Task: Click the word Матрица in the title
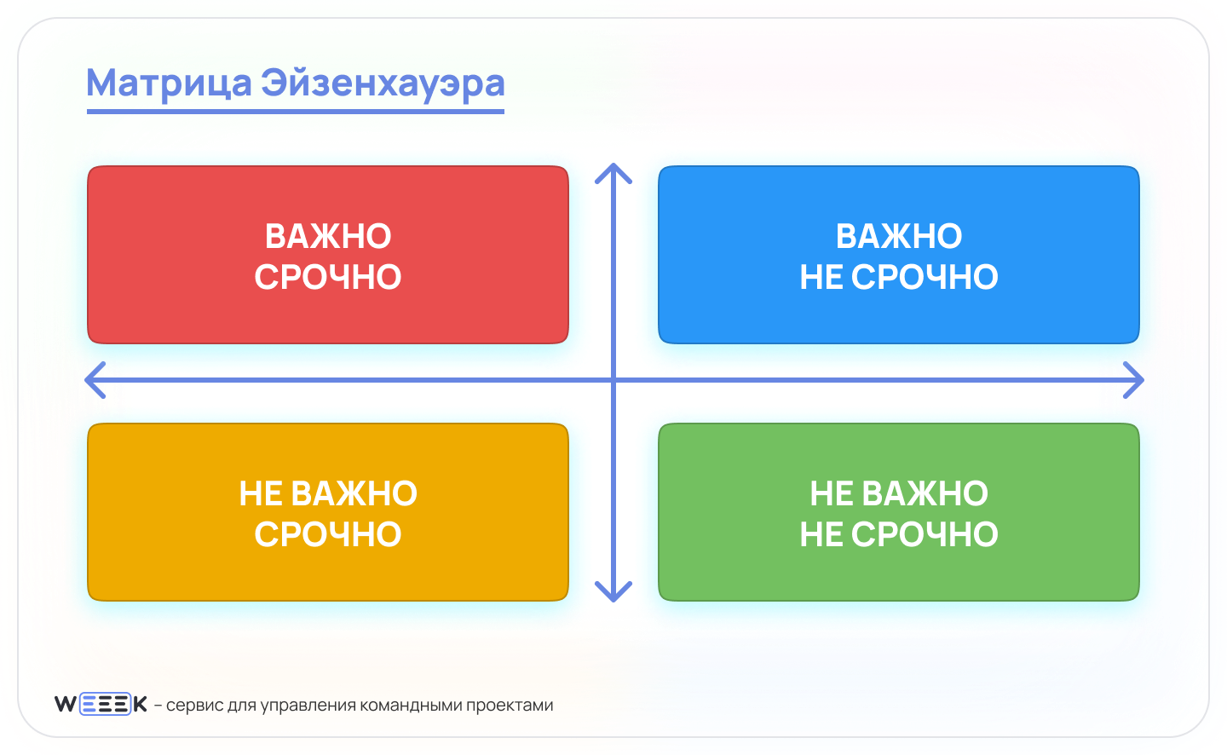click(170, 84)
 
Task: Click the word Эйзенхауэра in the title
click(383, 84)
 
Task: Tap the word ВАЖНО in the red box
click(328, 236)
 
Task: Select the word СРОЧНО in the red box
click(328, 277)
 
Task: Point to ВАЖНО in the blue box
click(899, 236)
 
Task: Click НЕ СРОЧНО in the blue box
click(899, 277)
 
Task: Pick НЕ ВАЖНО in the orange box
click(328, 493)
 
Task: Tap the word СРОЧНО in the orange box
click(328, 534)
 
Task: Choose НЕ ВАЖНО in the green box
click(899, 493)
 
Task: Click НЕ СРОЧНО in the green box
click(899, 534)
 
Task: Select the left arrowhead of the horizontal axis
click(86, 380)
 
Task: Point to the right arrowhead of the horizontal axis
click(1143, 380)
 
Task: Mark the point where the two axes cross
click(613, 380)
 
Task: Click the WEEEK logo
click(101, 704)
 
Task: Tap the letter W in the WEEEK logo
click(66, 704)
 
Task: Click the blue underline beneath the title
click(295, 112)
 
